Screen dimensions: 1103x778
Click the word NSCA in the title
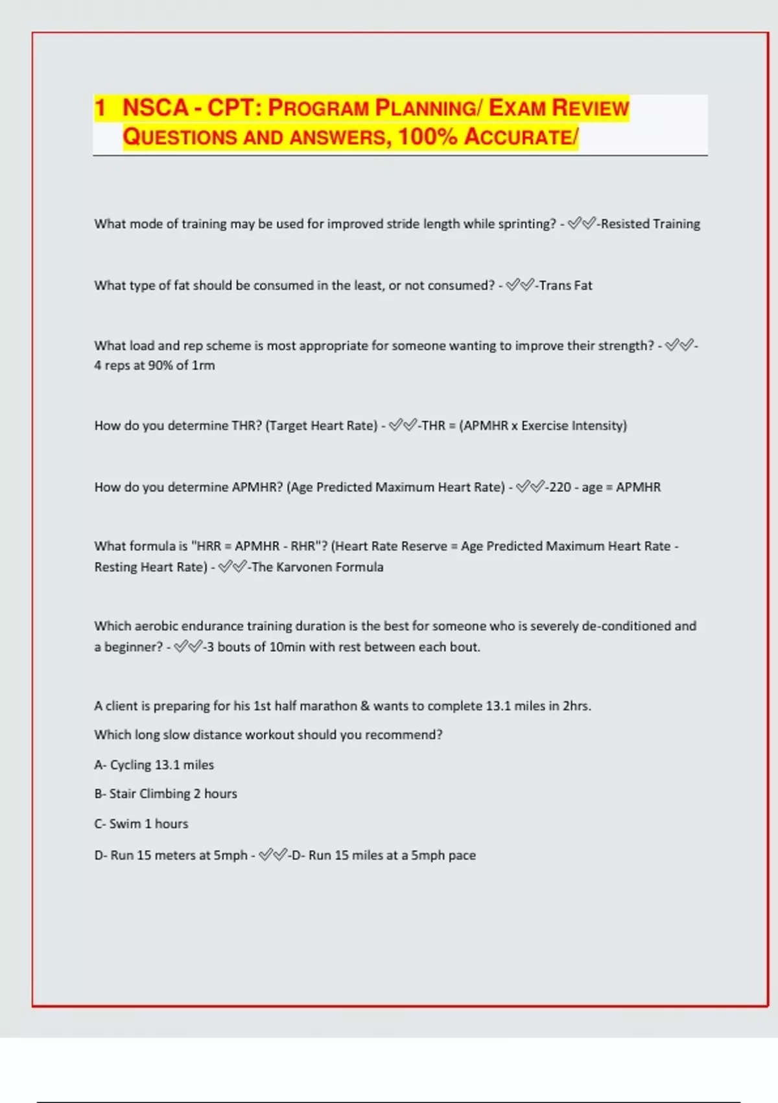pyautogui.click(x=155, y=108)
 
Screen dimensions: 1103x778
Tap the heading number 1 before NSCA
pyautogui.click(x=100, y=108)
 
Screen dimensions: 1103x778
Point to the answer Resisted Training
pyautogui.click(x=650, y=224)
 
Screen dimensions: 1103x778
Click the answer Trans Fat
pyautogui.click(x=565, y=285)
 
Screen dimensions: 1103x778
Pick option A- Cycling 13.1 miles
pyautogui.click(x=154, y=765)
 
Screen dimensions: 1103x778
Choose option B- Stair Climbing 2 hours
pyautogui.click(x=166, y=794)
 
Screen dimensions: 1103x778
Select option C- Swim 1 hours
pyautogui.click(x=141, y=824)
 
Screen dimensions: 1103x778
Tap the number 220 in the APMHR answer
pyautogui.click(x=560, y=487)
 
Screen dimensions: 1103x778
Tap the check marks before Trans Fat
pyautogui.click(x=520, y=285)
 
